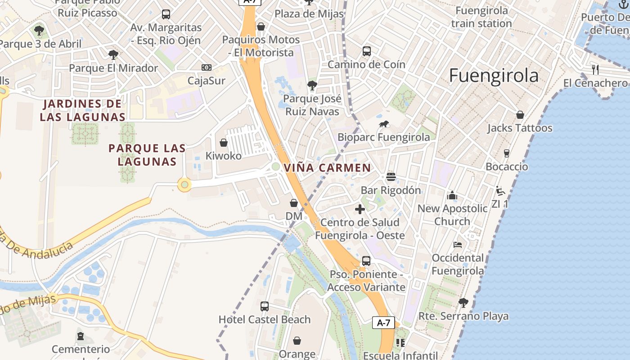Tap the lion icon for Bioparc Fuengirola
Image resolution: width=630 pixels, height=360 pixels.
384,124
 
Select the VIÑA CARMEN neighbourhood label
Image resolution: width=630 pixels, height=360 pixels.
327,168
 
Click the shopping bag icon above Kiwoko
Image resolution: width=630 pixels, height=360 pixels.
223,143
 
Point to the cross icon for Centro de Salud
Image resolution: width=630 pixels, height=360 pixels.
360,209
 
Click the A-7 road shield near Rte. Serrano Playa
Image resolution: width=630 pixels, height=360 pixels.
383,323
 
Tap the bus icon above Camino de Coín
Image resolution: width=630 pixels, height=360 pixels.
367,51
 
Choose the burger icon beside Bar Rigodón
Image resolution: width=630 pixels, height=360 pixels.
391,176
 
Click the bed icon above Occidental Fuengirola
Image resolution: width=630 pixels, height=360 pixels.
458,245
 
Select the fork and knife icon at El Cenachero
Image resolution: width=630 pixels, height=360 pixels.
595,69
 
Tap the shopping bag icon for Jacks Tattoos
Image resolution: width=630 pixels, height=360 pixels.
520,115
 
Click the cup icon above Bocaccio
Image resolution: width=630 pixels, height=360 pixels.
507,153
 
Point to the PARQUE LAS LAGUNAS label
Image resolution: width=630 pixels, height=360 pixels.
147,155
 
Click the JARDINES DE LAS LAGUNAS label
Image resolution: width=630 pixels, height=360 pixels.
82,111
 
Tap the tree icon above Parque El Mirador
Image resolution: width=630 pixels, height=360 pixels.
113,55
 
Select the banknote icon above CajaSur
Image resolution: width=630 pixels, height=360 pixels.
207,67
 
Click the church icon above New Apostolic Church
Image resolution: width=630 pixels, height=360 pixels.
452,195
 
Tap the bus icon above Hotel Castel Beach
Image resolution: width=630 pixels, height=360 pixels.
265,306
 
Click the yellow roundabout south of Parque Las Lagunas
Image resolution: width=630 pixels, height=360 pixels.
184,184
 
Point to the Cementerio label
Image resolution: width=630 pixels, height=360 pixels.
81,349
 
